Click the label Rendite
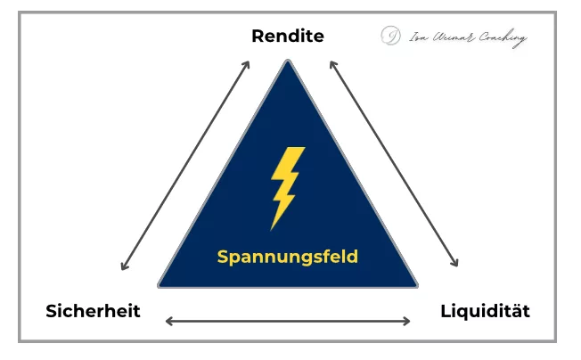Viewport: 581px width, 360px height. point(287,37)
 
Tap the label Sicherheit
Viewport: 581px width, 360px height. point(94,311)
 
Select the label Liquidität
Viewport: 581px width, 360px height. point(486,311)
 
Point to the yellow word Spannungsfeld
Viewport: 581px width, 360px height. point(287,258)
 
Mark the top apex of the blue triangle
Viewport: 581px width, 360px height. point(287,61)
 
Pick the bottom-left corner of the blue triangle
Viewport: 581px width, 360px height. point(160,285)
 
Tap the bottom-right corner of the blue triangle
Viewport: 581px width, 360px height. point(415,285)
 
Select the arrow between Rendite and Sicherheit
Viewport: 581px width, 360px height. point(185,165)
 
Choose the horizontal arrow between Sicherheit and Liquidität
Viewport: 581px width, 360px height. point(288,321)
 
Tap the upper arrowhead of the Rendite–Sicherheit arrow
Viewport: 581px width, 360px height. point(247,63)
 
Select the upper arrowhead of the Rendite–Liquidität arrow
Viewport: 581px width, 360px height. point(331,63)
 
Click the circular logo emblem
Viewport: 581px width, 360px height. point(389,36)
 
